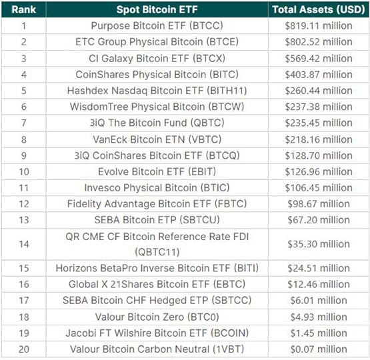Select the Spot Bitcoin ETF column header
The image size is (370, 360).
158,9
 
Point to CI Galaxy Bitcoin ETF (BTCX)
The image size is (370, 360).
158,57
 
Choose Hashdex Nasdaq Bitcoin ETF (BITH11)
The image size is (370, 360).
158,90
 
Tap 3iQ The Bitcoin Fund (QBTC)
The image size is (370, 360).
158,123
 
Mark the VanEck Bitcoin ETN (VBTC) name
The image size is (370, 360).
158,139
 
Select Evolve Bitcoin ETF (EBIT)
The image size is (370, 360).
158,171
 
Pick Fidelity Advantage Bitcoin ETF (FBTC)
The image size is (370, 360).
158,203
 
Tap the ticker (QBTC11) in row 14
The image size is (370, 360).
157,252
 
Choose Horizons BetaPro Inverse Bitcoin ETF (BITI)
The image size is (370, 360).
158,269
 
